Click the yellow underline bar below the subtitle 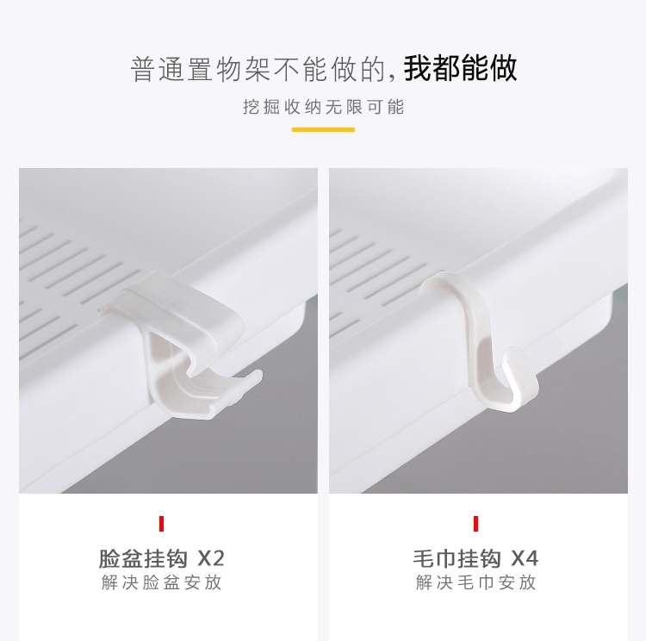point(323,130)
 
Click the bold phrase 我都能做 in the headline point(460,68)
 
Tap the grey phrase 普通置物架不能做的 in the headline point(258,69)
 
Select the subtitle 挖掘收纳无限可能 point(323,107)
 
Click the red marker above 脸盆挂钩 point(162,524)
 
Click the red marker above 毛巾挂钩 point(475,524)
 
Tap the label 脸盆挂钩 point(143,558)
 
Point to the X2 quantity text point(211,558)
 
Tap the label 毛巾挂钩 point(457,558)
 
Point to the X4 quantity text point(525,558)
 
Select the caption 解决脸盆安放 point(162,583)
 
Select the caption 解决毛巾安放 point(475,583)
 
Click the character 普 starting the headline point(142,69)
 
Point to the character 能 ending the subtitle point(396,107)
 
